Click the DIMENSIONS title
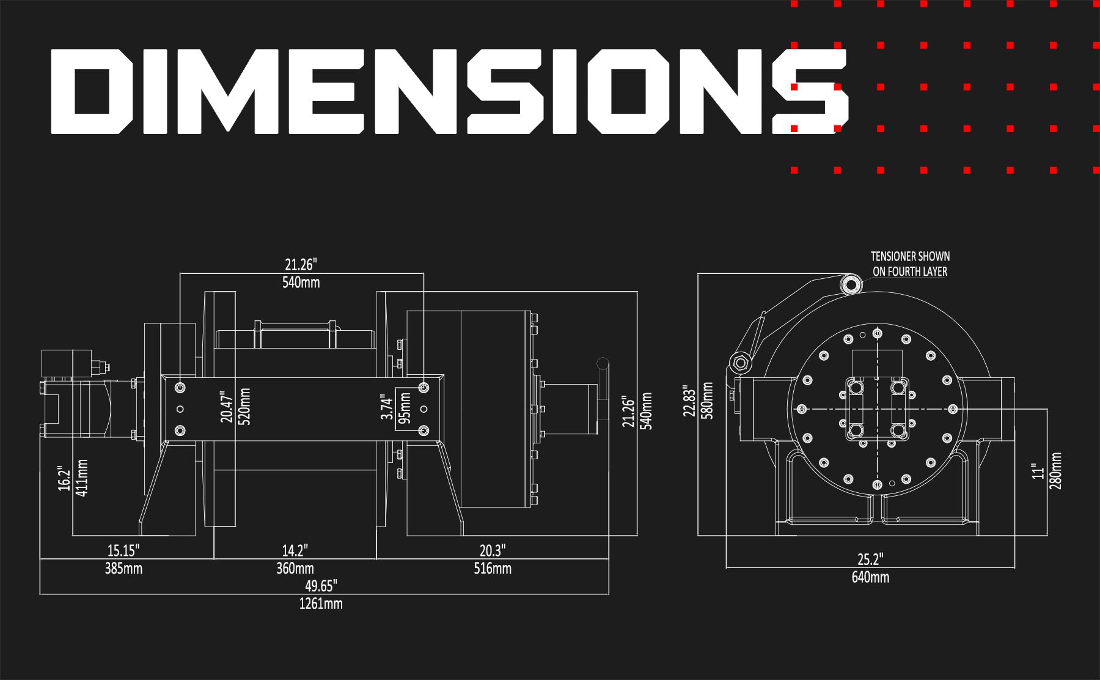pos(449,92)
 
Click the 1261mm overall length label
pos(321,604)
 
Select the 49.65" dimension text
pos(321,586)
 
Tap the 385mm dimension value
pos(123,569)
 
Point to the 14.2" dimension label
pos(295,551)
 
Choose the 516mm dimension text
pos(493,569)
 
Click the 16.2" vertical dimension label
pos(64,478)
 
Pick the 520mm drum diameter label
pos(244,407)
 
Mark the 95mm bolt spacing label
pos(405,408)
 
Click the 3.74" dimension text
pos(386,407)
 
